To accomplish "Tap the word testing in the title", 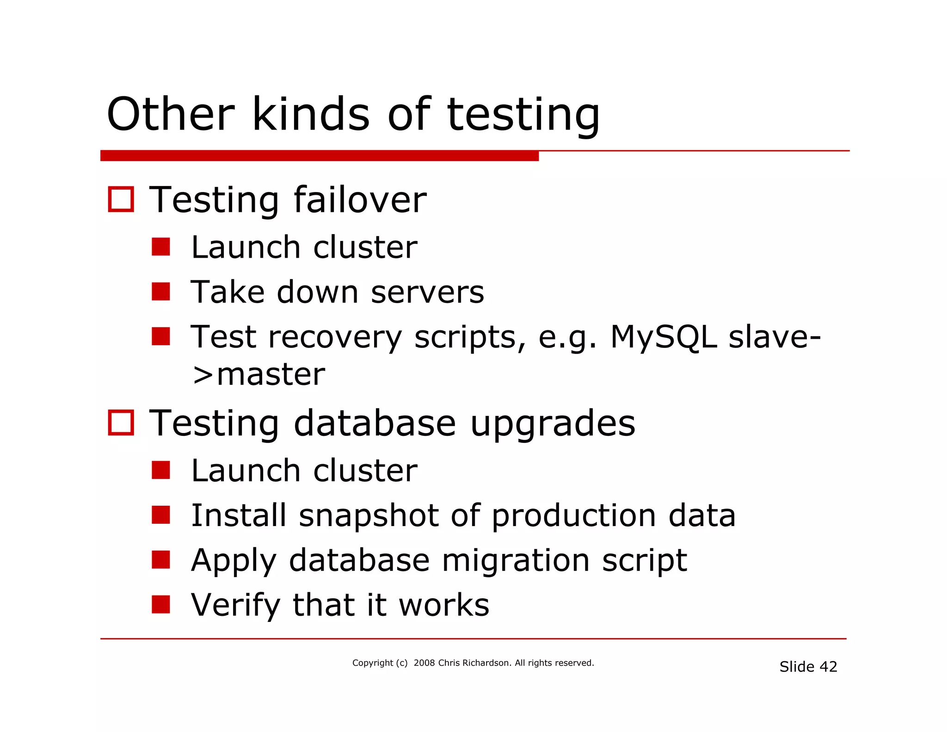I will [523, 115].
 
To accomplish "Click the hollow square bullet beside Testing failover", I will [121, 199].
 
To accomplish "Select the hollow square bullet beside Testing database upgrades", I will [121, 422].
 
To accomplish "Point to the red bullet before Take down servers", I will [161, 292].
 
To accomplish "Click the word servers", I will [427, 292].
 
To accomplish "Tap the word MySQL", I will [664, 337].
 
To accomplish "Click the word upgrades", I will [553, 424].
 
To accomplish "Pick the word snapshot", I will [369, 515].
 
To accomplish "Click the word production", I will [573, 516].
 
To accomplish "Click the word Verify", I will [235, 605].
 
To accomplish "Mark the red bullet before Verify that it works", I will [161, 604].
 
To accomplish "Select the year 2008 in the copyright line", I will [424, 663].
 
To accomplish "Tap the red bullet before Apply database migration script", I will [161, 559].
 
